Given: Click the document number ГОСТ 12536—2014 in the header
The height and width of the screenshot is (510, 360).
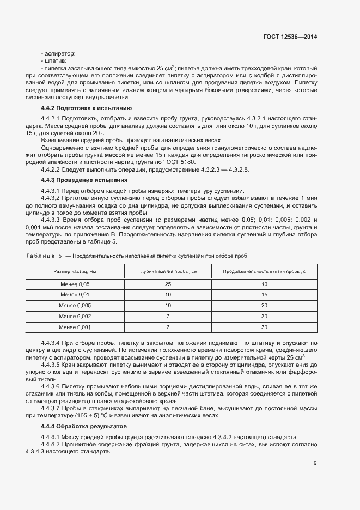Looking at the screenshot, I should coord(290,36).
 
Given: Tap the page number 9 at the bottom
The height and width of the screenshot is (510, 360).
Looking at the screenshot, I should coord(315,464).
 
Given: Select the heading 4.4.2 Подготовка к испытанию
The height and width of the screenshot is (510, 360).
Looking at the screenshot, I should coord(86,108).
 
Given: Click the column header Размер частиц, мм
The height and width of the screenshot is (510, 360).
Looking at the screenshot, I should coord(75,271).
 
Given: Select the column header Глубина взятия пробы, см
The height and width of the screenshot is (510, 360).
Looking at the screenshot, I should coord(168,271).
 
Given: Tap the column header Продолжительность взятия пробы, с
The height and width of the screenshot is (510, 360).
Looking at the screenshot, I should coord(265,271).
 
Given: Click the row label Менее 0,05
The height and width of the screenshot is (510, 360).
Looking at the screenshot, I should coord(75,284).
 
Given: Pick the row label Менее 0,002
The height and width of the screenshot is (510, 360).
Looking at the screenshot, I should coord(75,317).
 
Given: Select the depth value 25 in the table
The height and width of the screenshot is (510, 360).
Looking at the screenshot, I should coord(168,284).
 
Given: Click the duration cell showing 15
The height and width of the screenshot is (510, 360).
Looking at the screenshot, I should coord(265,295).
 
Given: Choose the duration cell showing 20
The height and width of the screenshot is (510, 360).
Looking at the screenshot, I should coord(265,306).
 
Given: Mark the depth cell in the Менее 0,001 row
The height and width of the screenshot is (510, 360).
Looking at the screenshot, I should coord(168,327).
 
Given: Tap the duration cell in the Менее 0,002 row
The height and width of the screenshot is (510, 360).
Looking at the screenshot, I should coord(265,317).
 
